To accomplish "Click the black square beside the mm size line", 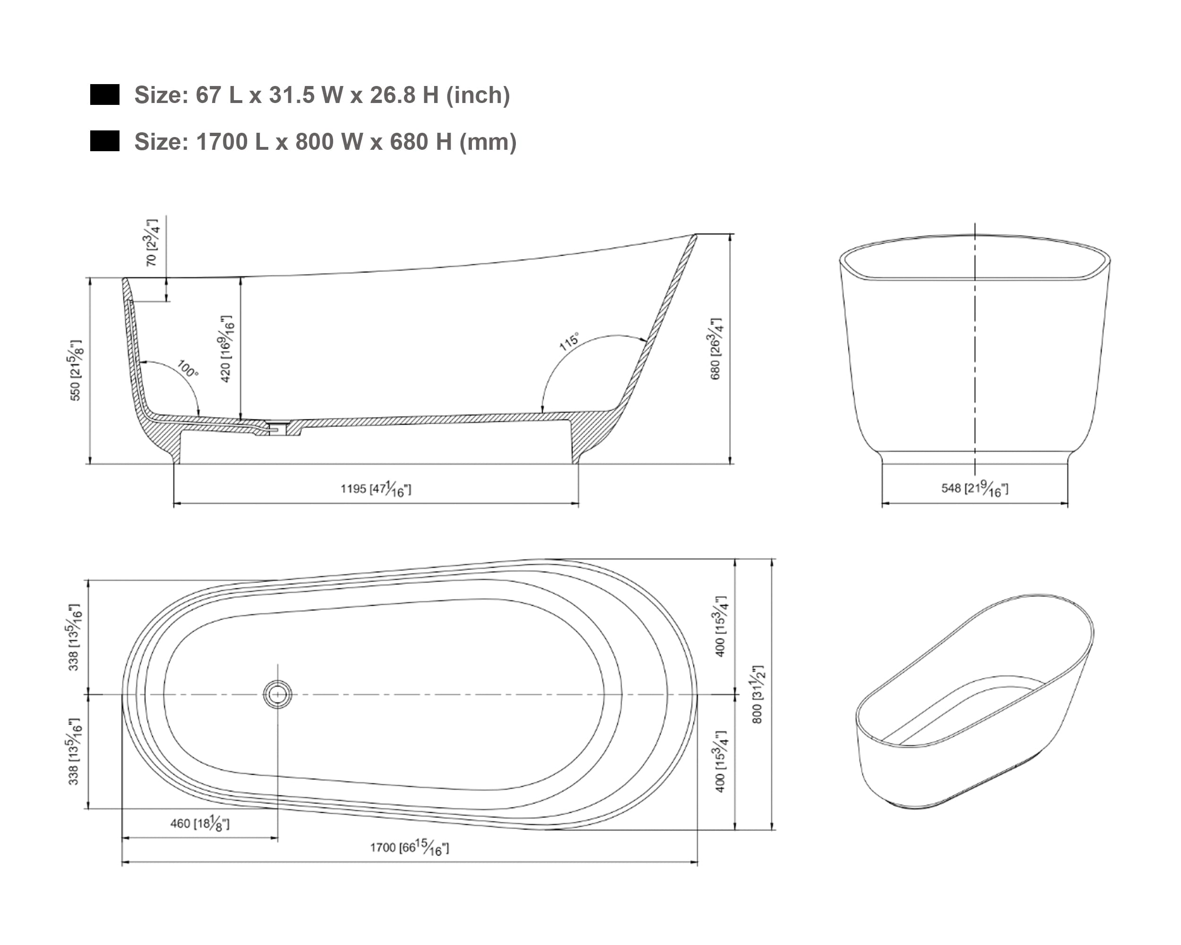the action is click(104, 141).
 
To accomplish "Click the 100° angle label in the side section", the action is click(188, 369).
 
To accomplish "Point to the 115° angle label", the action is click(569, 341).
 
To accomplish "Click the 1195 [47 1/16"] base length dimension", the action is click(376, 489).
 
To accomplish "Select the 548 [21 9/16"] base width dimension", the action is click(975, 488).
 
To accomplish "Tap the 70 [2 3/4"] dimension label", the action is click(152, 242).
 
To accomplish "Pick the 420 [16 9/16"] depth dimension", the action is click(226, 348).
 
